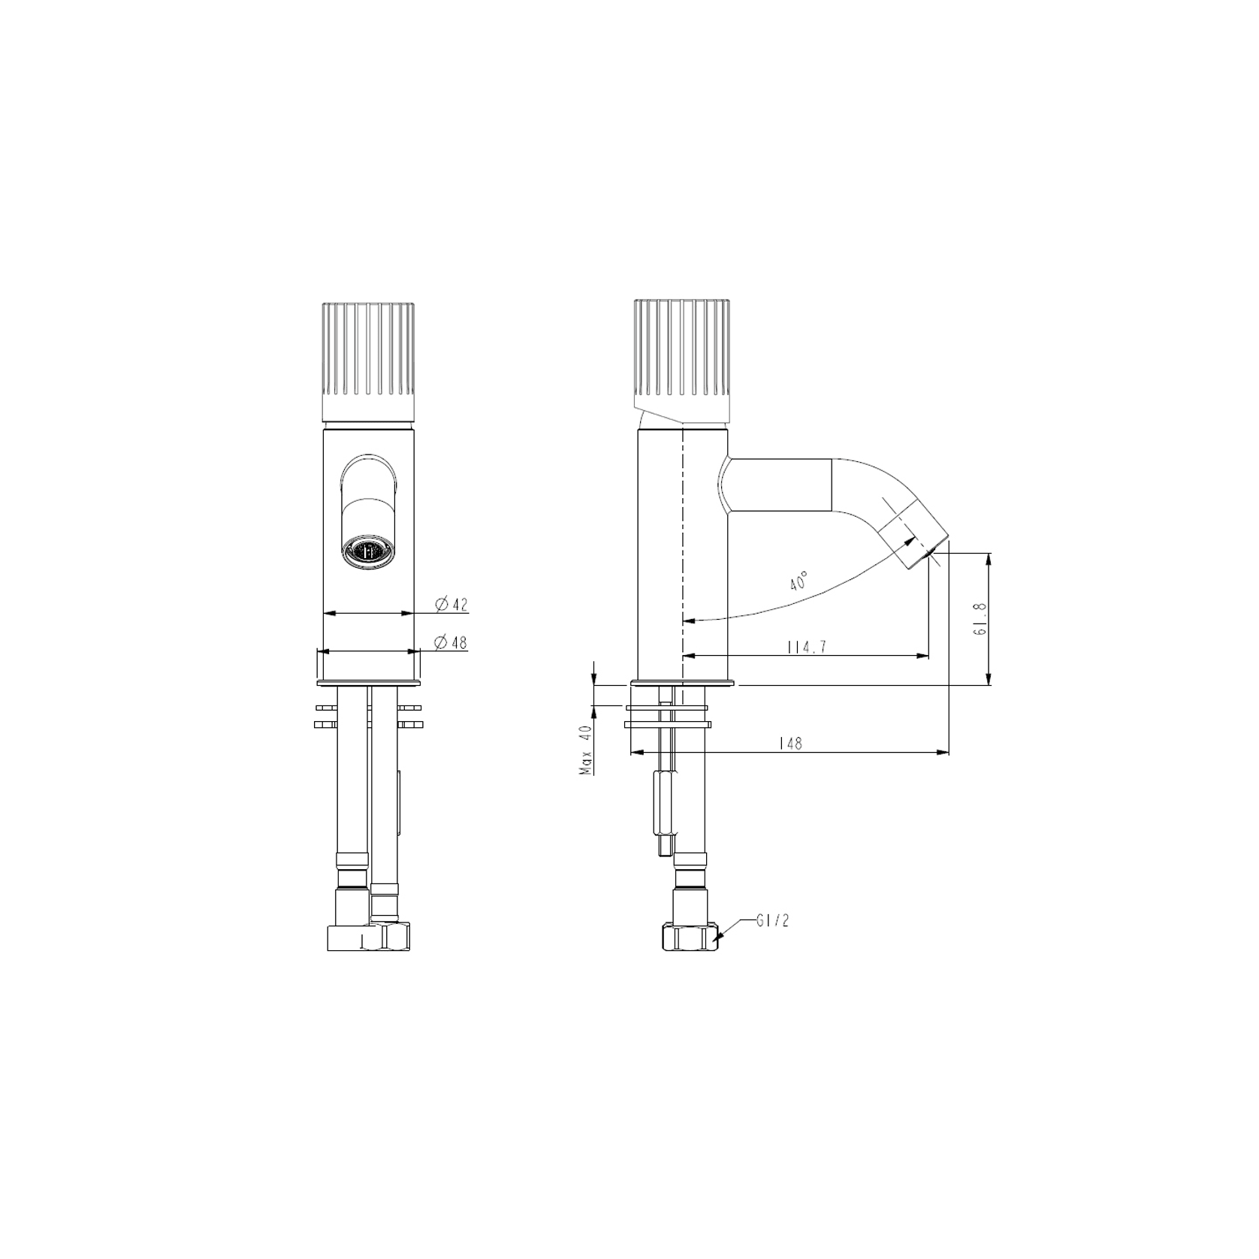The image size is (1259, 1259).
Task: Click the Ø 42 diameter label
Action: click(451, 604)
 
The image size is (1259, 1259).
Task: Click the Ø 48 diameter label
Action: click(451, 642)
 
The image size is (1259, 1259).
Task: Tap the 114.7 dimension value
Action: click(807, 647)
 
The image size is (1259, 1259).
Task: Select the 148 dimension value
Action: click(790, 743)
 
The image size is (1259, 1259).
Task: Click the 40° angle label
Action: click(799, 581)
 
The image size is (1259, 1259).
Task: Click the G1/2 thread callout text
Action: click(773, 921)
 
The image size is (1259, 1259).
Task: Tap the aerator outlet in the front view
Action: click(367, 551)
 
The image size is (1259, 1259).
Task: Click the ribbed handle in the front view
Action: click(368, 361)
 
